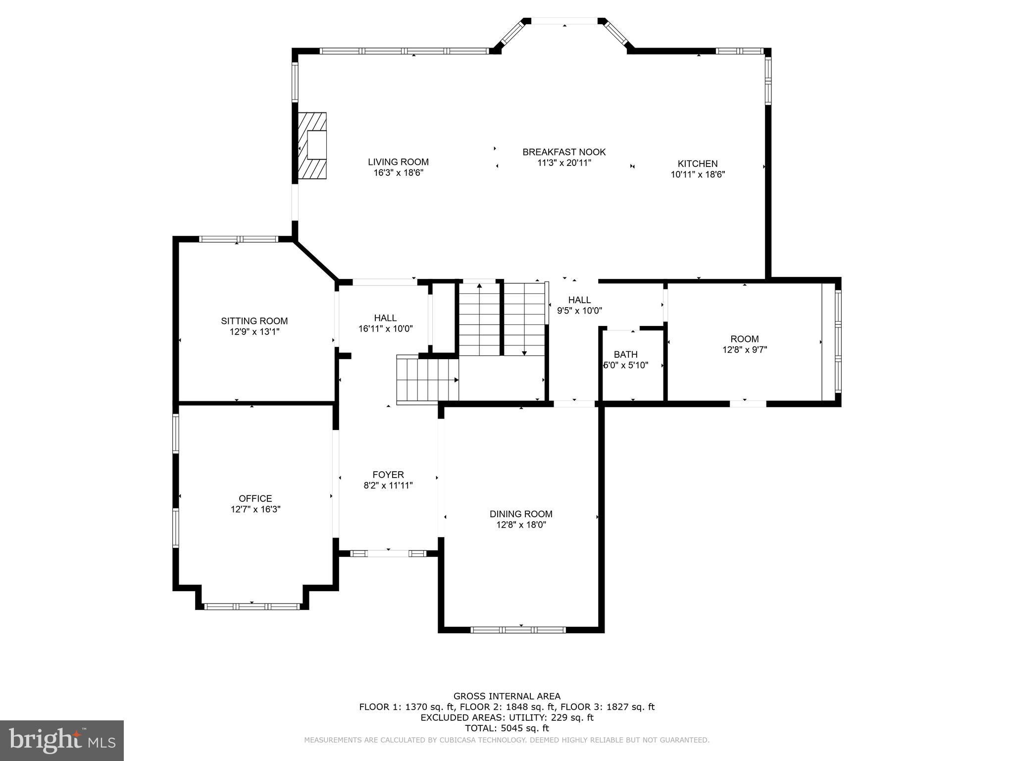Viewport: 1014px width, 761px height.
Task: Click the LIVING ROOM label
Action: [x=398, y=162]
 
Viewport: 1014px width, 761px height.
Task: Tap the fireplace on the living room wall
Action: [x=312, y=145]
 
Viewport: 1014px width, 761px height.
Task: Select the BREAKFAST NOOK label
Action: [x=564, y=152]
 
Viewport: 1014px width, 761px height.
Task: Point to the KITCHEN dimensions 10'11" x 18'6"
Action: [x=698, y=174]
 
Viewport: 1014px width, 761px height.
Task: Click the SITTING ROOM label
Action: [x=254, y=321]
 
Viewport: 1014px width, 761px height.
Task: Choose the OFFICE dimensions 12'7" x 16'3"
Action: [x=255, y=509]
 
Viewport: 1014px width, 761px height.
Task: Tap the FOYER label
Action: [x=388, y=475]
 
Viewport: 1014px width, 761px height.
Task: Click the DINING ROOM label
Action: [x=521, y=514]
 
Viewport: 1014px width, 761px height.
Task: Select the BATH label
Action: [x=625, y=355]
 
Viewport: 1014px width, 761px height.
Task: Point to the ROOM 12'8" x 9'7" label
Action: [x=744, y=344]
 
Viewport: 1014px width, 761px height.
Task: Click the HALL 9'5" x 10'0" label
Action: [x=579, y=305]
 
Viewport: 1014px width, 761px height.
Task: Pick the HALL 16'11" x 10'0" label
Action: [x=385, y=323]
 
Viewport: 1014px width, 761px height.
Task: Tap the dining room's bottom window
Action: [x=517, y=630]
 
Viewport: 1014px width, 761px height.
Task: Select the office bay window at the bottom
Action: [x=252, y=606]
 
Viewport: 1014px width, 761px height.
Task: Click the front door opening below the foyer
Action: [x=388, y=553]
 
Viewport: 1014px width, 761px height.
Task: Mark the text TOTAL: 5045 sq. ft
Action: [x=507, y=728]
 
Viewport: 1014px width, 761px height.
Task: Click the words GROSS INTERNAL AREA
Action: [x=507, y=696]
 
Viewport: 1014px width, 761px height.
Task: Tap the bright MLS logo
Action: [x=62, y=741]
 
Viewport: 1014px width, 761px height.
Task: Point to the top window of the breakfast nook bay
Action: [x=564, y=21]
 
